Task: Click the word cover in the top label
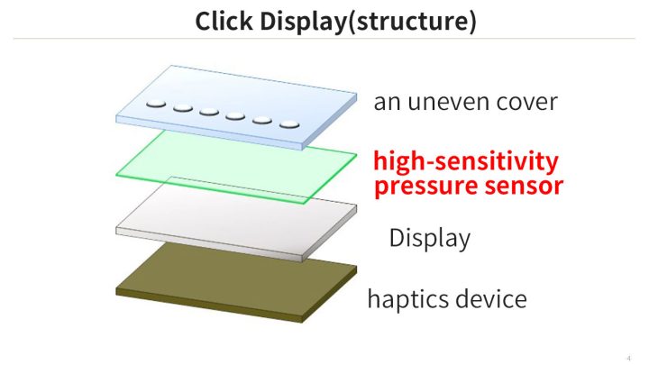click(527, 102)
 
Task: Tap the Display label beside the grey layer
click(429, 238)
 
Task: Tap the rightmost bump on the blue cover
click(289, 123)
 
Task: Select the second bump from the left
click(183, 106)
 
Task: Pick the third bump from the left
click(209, 111)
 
